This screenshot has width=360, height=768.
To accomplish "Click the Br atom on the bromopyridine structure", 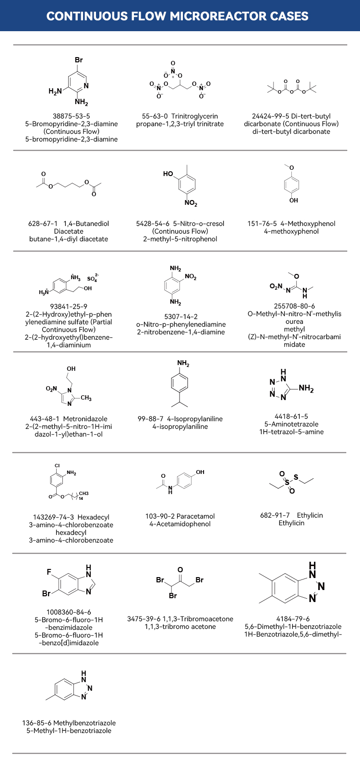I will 79,60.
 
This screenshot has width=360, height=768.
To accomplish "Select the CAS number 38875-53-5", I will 71,116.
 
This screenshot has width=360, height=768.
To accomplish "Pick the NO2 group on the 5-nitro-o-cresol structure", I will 191,204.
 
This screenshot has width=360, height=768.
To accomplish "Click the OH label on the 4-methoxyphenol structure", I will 293,201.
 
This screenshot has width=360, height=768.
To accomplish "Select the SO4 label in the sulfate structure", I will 92,279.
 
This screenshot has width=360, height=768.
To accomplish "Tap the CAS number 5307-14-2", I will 180,317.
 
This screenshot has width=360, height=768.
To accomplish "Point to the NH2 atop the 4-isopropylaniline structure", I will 183,364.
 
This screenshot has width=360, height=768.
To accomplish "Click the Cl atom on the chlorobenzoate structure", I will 57,466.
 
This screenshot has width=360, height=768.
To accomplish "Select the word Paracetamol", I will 195,516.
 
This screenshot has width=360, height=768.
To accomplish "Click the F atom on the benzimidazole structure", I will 49,572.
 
